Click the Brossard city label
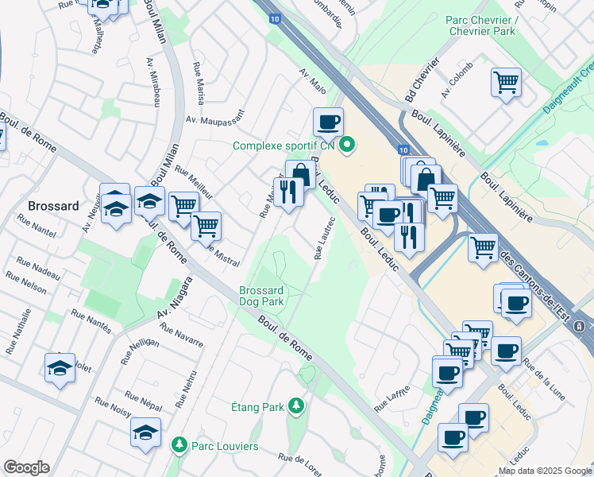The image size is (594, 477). coord(53,206)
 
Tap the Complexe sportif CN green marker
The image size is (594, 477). coord(347,145)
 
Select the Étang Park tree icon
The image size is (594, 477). coord(296,406)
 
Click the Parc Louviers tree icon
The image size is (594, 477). coord(181,443)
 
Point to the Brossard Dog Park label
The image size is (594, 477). coord(262,296)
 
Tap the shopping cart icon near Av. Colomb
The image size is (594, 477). coord(506,82)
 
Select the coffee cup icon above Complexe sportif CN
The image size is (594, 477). coord(328,122)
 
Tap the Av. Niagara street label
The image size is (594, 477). coord(174,298)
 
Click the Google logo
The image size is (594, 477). coord(26,467)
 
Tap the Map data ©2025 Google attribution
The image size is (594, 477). coord(544,471)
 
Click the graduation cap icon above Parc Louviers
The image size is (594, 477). coord(145,432)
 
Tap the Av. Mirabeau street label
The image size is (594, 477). coord(155,83)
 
